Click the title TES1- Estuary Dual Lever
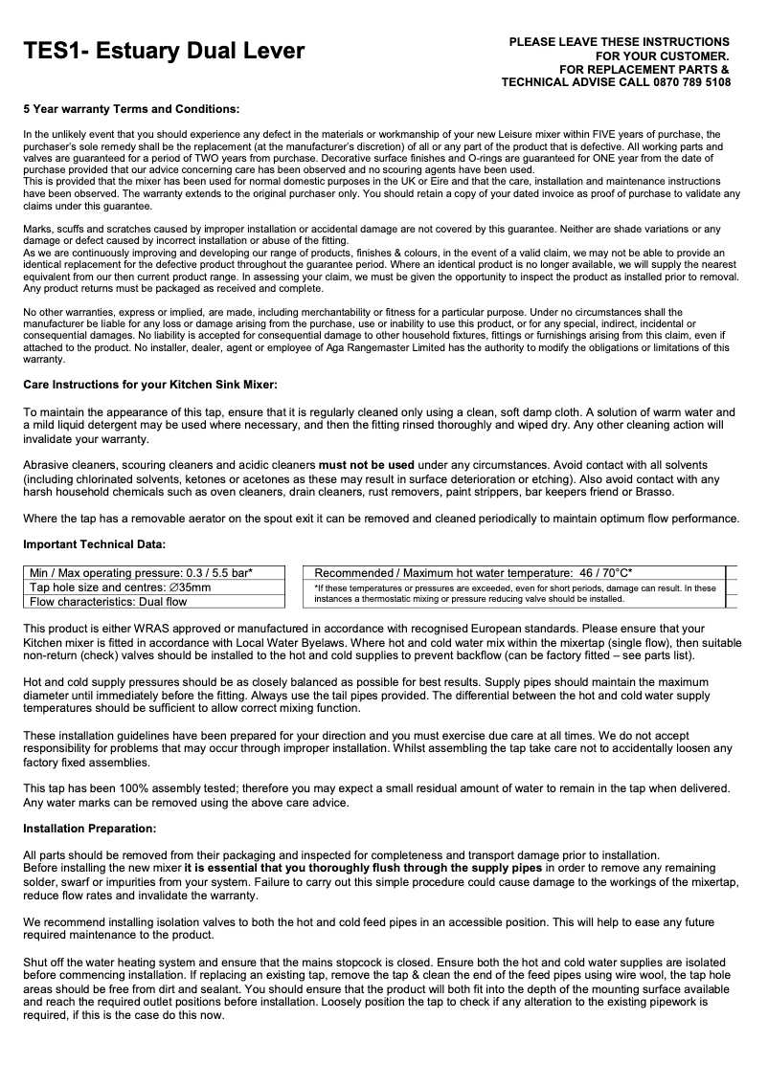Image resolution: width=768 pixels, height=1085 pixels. pos(164,52)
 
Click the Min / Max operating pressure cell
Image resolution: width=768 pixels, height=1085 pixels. pos(141,572)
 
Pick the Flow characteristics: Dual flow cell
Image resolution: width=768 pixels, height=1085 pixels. pos(108,602)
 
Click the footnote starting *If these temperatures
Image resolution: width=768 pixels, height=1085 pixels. pos(514,593)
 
